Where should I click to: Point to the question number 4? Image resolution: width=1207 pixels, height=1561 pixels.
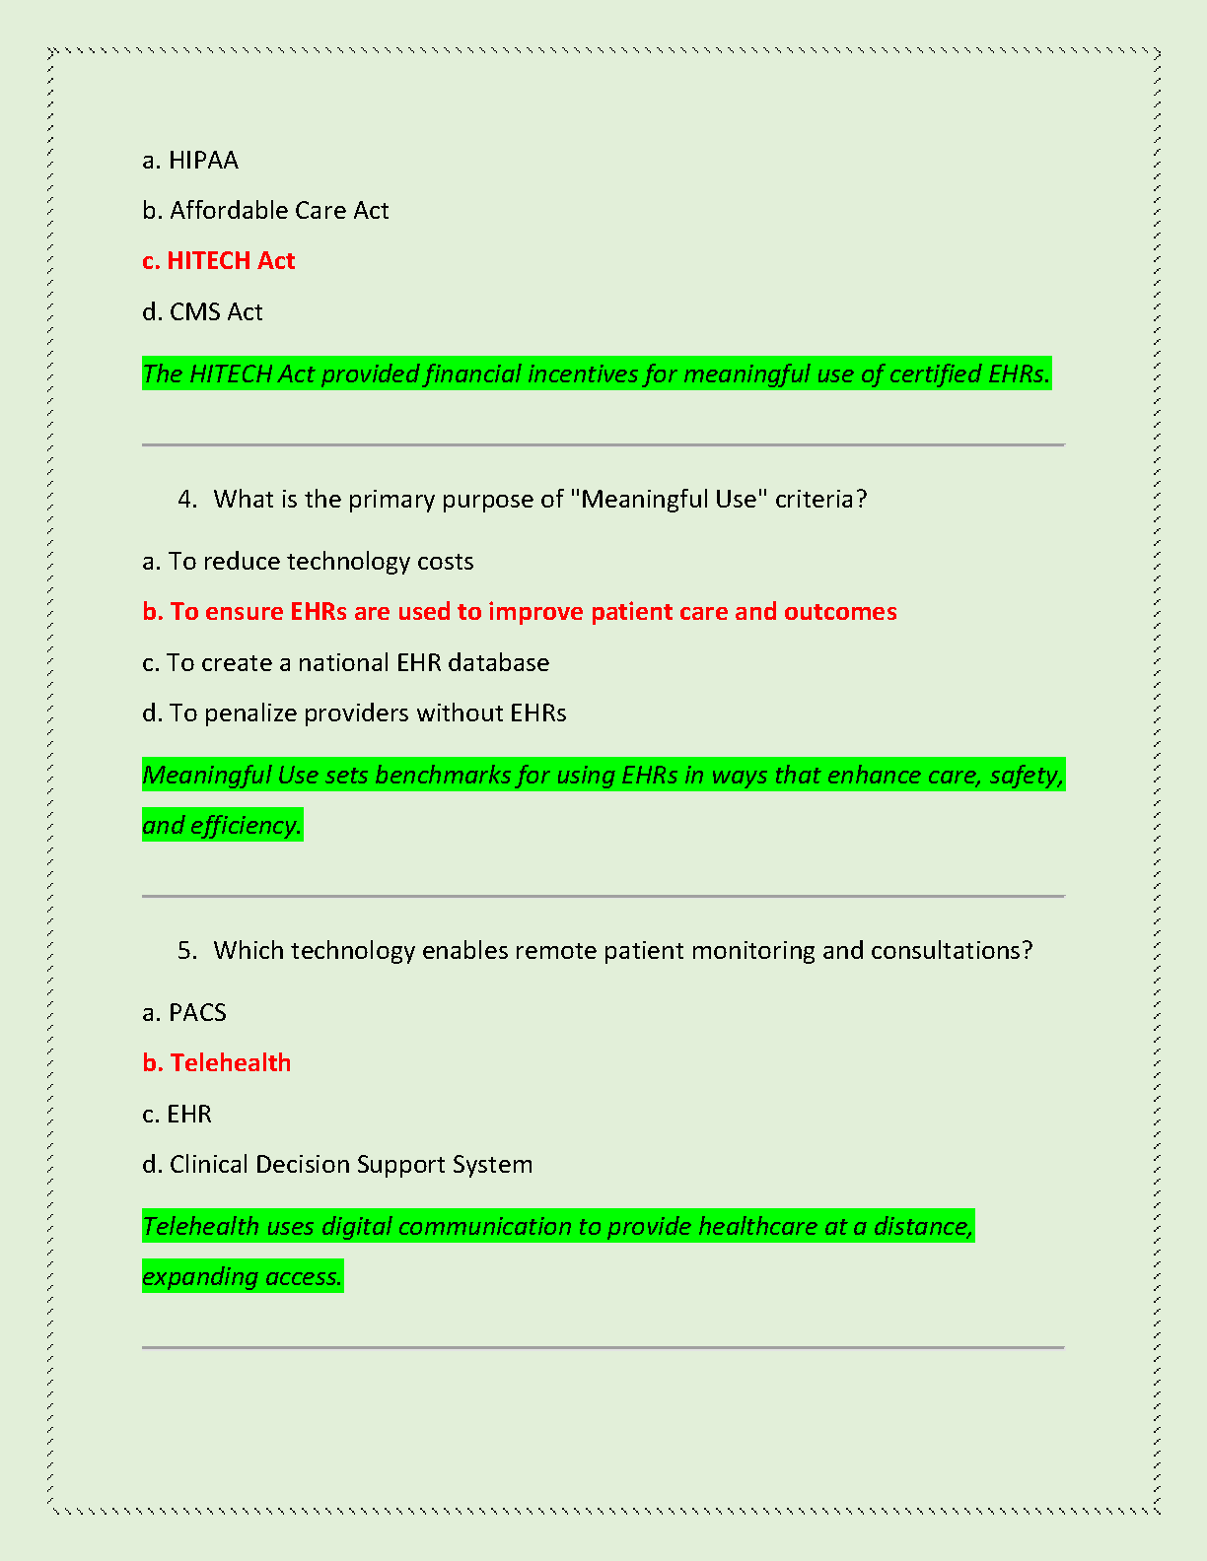(187, 500)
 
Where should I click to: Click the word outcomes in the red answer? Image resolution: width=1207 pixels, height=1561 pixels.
(840, 612)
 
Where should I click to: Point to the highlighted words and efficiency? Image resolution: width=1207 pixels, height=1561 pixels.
(222, 826)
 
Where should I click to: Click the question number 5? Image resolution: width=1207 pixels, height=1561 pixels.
(187, 951)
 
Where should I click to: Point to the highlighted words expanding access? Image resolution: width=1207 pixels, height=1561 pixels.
(242, 1277)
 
